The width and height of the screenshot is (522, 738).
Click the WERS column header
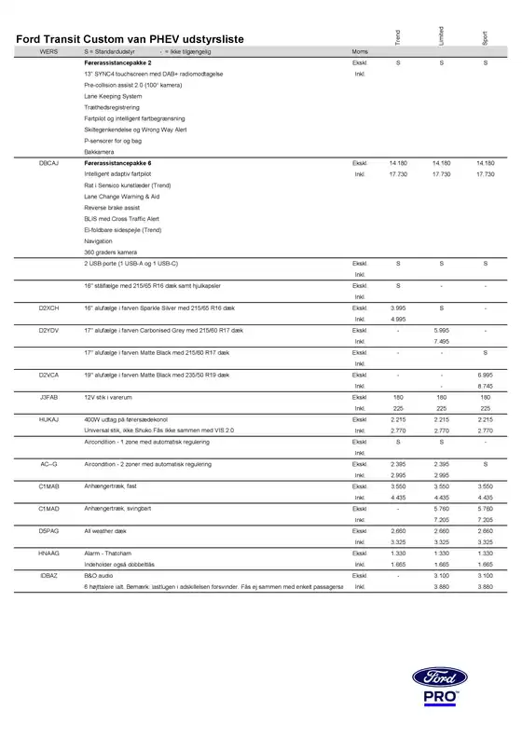pyautogui.click(x=48, y=52)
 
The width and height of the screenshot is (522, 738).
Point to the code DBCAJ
pyautogui.click(x=48, y=163)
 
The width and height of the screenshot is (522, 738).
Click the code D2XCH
pyautogui.click(x=48, y=306)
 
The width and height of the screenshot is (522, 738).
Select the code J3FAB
pyautogui.click(x=48, y=396)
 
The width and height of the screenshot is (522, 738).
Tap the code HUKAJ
pyautogui.click(x=48, y=419)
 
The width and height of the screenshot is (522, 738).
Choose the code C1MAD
pyautogui.click(x=48, y=509)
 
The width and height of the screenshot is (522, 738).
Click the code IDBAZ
pyautogui.click(x=48, y=577)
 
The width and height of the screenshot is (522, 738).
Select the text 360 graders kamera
pyautogui.click(x=110, y=253)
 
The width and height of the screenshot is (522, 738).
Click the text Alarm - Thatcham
pyautogui.click(x=107, y=553)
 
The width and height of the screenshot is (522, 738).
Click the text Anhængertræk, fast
pyautogui.click(x=111, y=486)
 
